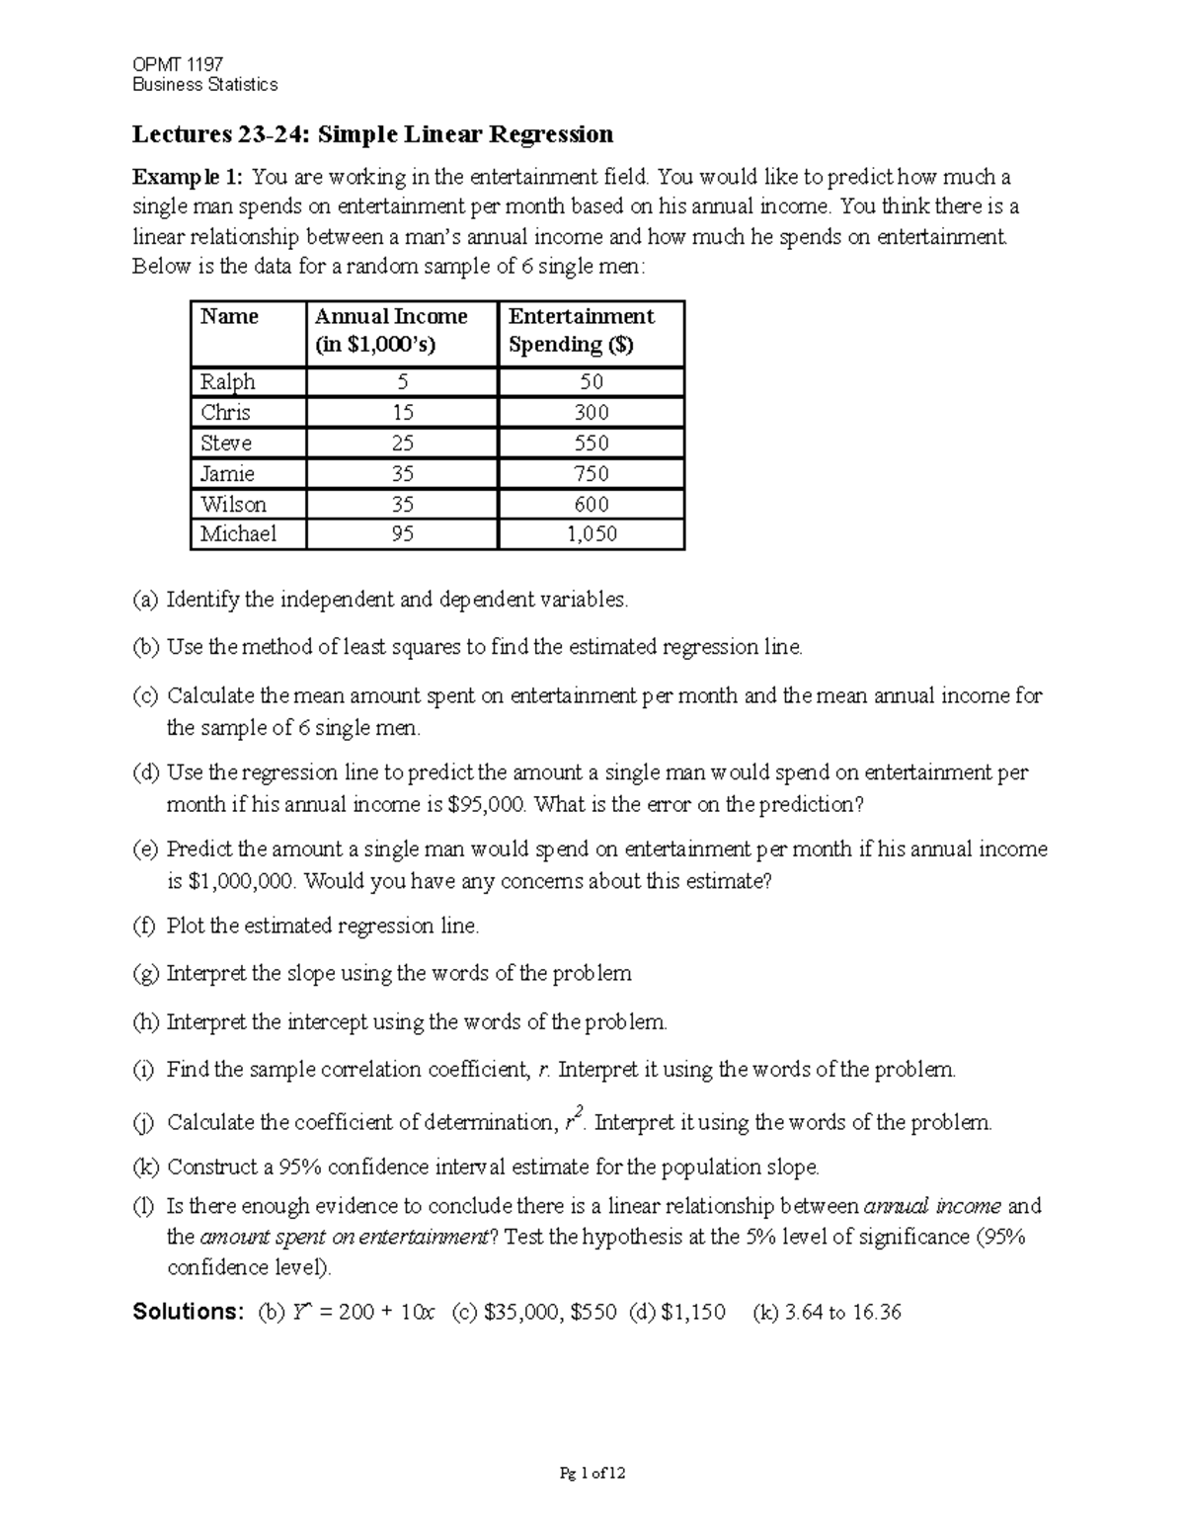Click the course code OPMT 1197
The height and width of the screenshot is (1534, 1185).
pyautogui.click(x=178, y=64)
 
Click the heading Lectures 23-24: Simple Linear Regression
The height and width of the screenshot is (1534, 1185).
pyautogui.click(x=372, y=134)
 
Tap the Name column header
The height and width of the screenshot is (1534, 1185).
pyautogui.click(x=229, y=317)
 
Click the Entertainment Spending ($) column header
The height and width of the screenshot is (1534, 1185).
pyautogui.click(x=581, y=330)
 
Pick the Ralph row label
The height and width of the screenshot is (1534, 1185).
pyautogui.click(x=228, y=382)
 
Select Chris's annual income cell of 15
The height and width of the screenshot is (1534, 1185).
pyautogui.click(x=402, y=413)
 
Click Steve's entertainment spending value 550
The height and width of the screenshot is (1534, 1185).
pyautogui.click(x=592, y=444)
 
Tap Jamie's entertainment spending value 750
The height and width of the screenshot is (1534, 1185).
pyautogui.click(x=592, y=474)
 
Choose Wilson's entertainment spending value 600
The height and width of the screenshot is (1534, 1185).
pyautogui.click(x=592, y=505)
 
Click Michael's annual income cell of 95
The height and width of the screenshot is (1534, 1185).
pyautogui.click(x=402, y=534)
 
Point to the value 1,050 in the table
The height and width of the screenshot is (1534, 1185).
pyautogui.click(x=592, y=534)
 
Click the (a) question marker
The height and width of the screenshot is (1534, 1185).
pyautogui.click(x=145, y=600)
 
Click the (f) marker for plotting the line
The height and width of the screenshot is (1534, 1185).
pyautogui.click(x=144, y=927)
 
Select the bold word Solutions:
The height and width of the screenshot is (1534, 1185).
pyautogui.click(x=188, y=1312)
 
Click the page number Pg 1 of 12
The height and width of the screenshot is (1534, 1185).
pyautogui.click(x=592, y=1474)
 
